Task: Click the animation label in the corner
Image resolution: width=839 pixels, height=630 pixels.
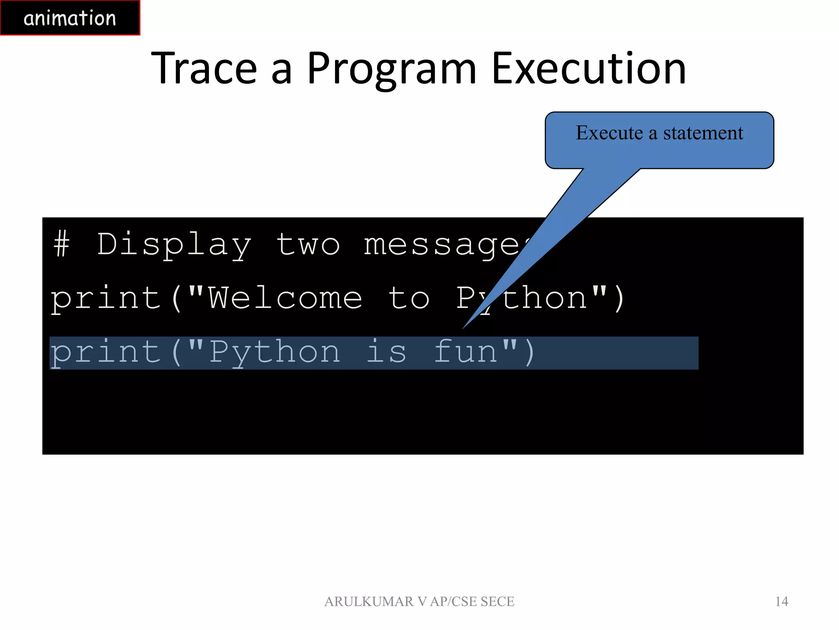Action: (70, 18)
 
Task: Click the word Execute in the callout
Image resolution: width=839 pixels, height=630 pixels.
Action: (609, 133)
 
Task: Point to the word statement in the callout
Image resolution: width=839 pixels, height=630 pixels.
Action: (703, 133)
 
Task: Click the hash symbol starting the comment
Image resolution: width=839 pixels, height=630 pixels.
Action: (61, 244)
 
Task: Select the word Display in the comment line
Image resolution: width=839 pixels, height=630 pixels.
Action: (174, 244)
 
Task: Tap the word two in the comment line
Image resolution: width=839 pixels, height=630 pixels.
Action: (308, 244)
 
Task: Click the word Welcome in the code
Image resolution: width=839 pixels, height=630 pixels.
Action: (285, 298)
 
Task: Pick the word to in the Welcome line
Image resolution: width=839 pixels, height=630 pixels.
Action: (408, 298)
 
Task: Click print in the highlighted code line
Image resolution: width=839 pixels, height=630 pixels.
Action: (106, 352)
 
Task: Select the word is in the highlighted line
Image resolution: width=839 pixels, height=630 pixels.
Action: (386, 352)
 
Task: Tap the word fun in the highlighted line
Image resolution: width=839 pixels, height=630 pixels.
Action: (465, 352)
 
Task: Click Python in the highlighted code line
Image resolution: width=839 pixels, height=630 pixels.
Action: (274, 352)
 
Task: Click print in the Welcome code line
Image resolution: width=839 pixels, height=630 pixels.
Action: (106, 298)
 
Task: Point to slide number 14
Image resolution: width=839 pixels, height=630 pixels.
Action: (781, 601)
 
